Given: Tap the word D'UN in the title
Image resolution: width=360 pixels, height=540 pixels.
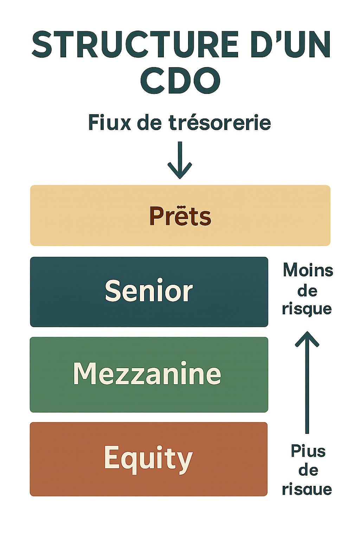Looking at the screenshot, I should coord(290,45).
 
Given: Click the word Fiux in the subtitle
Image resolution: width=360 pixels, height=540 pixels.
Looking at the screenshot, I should coord(109,123).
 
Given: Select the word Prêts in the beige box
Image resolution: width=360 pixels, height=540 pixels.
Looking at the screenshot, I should coord(180,216).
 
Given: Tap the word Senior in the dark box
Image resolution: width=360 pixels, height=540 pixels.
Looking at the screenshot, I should coord(149,291).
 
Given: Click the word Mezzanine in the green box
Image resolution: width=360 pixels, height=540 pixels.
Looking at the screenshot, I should coord(147,373).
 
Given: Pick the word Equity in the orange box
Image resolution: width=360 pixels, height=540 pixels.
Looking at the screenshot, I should coord(148,458).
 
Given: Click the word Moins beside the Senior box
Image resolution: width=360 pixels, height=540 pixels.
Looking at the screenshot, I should coord(308,271).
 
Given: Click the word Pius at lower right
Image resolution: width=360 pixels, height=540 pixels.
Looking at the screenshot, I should coord(308,451).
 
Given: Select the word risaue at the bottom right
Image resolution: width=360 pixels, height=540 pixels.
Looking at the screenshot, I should coord(307,489).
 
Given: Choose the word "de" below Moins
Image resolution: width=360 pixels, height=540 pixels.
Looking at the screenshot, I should coord(307,291).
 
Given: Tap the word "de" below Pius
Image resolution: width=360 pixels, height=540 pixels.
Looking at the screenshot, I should coord(308,470).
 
